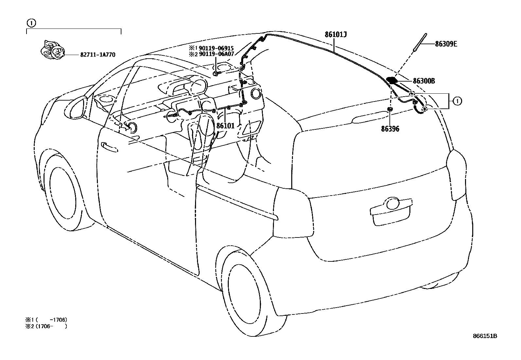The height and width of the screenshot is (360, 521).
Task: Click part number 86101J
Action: pos(336,34)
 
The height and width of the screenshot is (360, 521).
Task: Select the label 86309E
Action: pos(446,44)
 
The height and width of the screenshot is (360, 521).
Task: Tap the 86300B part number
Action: pos(424,81)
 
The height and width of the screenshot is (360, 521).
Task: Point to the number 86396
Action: pos(390,129)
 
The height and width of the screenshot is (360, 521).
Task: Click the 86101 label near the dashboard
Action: pos(225,125)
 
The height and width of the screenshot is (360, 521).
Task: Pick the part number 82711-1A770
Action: pos(98,55)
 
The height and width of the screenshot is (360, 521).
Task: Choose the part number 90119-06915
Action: pos(217,48)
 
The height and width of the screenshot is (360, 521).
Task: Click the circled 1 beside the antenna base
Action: pos(457,102)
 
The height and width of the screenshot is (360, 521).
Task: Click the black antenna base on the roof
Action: pos(392,80)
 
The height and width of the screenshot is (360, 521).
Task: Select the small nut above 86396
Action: pos(390,109)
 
